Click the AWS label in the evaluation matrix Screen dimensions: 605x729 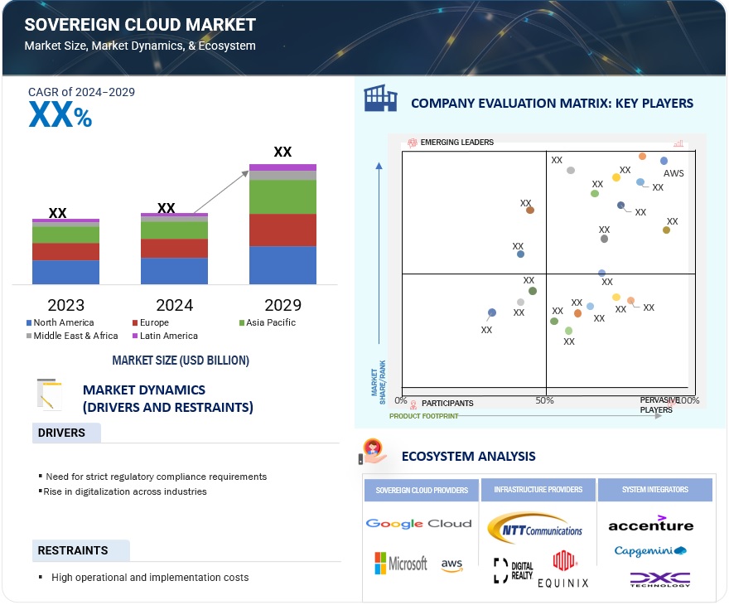pyautogui.click(x=673, y=174)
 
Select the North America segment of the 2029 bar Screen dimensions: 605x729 pyautogui.click(x=282, y=265)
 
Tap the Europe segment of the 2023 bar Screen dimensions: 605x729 pyautogui.click(x=65, y=251)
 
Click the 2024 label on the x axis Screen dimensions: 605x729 pyautogui.click(x=174, y=305)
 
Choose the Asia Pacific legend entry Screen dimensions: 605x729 pyautogui.click(x=267, y=322)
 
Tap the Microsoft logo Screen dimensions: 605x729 pyautogui.click(x=401, y=564)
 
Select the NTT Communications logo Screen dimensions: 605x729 pyautogui.click(x=535, y=525)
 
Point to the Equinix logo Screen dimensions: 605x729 pyautogui.click(x=564, y=570)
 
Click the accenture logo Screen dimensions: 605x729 pyautogui.click(x=650, y=524)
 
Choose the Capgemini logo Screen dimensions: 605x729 pyautogui.click(x=650, y=551)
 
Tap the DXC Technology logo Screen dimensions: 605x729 pyautogui.click(x=659, y=579)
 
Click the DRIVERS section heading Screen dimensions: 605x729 pyautogui.click(x=61, y=433)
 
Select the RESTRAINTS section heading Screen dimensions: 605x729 pyautogui.click(x=72, y=550)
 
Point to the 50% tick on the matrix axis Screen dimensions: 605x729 pyautogui.click(x=544, y=401)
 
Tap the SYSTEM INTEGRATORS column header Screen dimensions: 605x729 pyautogui.click(x=654, y=490)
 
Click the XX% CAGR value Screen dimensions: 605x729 pyautogui.click(x=60, y=116)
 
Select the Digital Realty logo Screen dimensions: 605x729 pyautogui.click(x=513, y=569)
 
